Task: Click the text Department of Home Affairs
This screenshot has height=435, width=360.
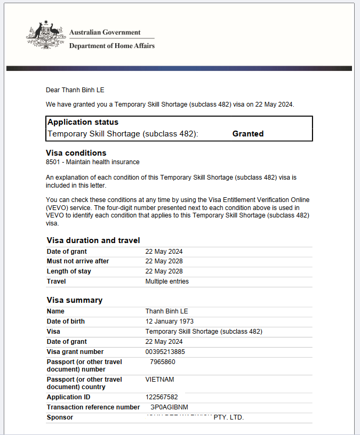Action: [112, 46]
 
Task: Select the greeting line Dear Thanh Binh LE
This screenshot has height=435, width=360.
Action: [79, 90]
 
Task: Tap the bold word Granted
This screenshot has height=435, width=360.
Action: [248, 134]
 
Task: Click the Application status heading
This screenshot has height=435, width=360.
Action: [83, 122]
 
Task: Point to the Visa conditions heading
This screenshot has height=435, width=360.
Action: [76, 153]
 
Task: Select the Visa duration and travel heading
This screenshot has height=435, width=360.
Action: [93, 240]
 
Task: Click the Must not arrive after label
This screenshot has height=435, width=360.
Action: [78, 261]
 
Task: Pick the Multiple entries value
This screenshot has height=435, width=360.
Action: [167, 281]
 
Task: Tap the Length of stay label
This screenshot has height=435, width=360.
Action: [69, 271]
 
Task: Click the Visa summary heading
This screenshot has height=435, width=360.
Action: [75, 300]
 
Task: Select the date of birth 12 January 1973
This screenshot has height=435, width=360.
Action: [170, 321]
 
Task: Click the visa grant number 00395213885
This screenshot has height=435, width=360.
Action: [165, 352]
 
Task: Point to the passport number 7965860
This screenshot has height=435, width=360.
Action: [163, 362]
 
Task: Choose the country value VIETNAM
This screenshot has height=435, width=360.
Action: [159, 380]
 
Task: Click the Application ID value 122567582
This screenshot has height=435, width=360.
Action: [162, 397]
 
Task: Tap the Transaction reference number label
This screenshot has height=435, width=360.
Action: [93, 407]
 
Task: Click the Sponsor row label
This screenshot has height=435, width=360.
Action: [60, 417]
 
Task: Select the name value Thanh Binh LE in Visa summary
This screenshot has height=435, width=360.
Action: [166, 311]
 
